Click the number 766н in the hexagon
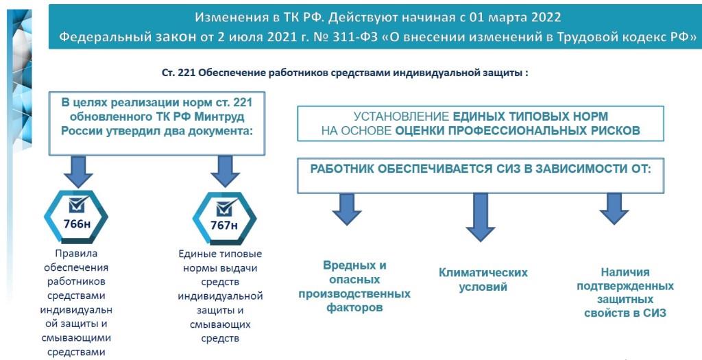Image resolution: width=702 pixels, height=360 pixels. pos(77,224)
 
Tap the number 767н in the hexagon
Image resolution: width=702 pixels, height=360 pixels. pos(224,225)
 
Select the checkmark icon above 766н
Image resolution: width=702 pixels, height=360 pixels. pos(78,204)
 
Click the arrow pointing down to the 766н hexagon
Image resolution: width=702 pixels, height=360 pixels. pos(78,171)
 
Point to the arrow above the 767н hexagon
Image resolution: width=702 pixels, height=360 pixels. pos(225,171)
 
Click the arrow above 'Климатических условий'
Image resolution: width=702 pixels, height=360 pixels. pos(481,217)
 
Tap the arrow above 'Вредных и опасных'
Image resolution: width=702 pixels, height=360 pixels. pos(346,209)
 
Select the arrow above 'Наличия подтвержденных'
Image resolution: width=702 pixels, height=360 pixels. pos(614,209)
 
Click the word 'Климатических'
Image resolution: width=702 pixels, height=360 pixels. pos(483,272)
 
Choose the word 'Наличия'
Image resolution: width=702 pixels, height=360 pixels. pos(625,272)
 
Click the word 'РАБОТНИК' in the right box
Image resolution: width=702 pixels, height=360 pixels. pos(341,169)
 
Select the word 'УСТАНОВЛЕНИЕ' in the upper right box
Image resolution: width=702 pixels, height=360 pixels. pos(401,117)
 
